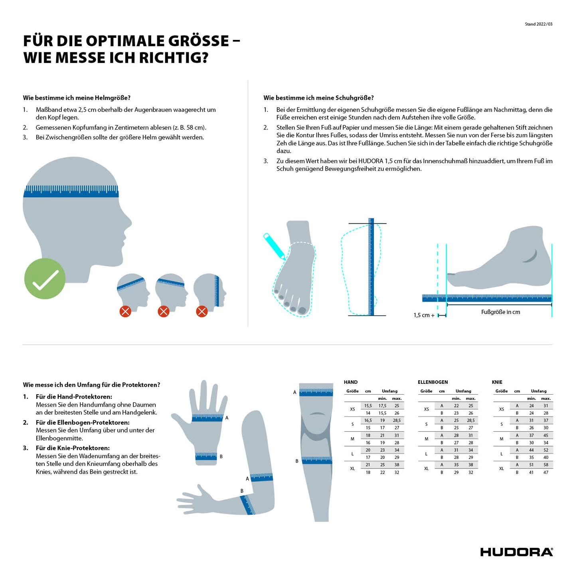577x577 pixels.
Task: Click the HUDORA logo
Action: tap(516, 552)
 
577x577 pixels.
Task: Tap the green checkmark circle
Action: tap(45, 279)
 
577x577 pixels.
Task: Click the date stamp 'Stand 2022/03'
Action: tap(538, 24)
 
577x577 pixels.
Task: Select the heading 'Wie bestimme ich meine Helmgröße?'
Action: tap(77, 98)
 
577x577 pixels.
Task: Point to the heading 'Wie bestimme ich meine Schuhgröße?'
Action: tap(318, 98)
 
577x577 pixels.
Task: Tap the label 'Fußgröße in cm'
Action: tap(500, 312)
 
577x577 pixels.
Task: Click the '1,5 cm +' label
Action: tap(424, 315)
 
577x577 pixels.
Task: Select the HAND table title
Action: tap(351, 382)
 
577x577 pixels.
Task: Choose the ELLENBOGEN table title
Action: tap(433, 382)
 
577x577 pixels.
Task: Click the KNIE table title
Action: tap(497, 382)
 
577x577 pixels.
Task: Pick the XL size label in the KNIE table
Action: tap(502, 468)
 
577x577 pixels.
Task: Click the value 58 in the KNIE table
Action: tap(546, 464)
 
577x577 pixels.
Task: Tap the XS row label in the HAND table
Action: tap(352, 409)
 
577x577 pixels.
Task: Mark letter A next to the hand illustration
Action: tap(227, 418)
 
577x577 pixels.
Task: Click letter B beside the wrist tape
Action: tap(221, 456)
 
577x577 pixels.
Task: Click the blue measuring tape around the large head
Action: tap(71, 191)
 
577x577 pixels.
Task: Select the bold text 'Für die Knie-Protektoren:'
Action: tap(73, 448)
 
